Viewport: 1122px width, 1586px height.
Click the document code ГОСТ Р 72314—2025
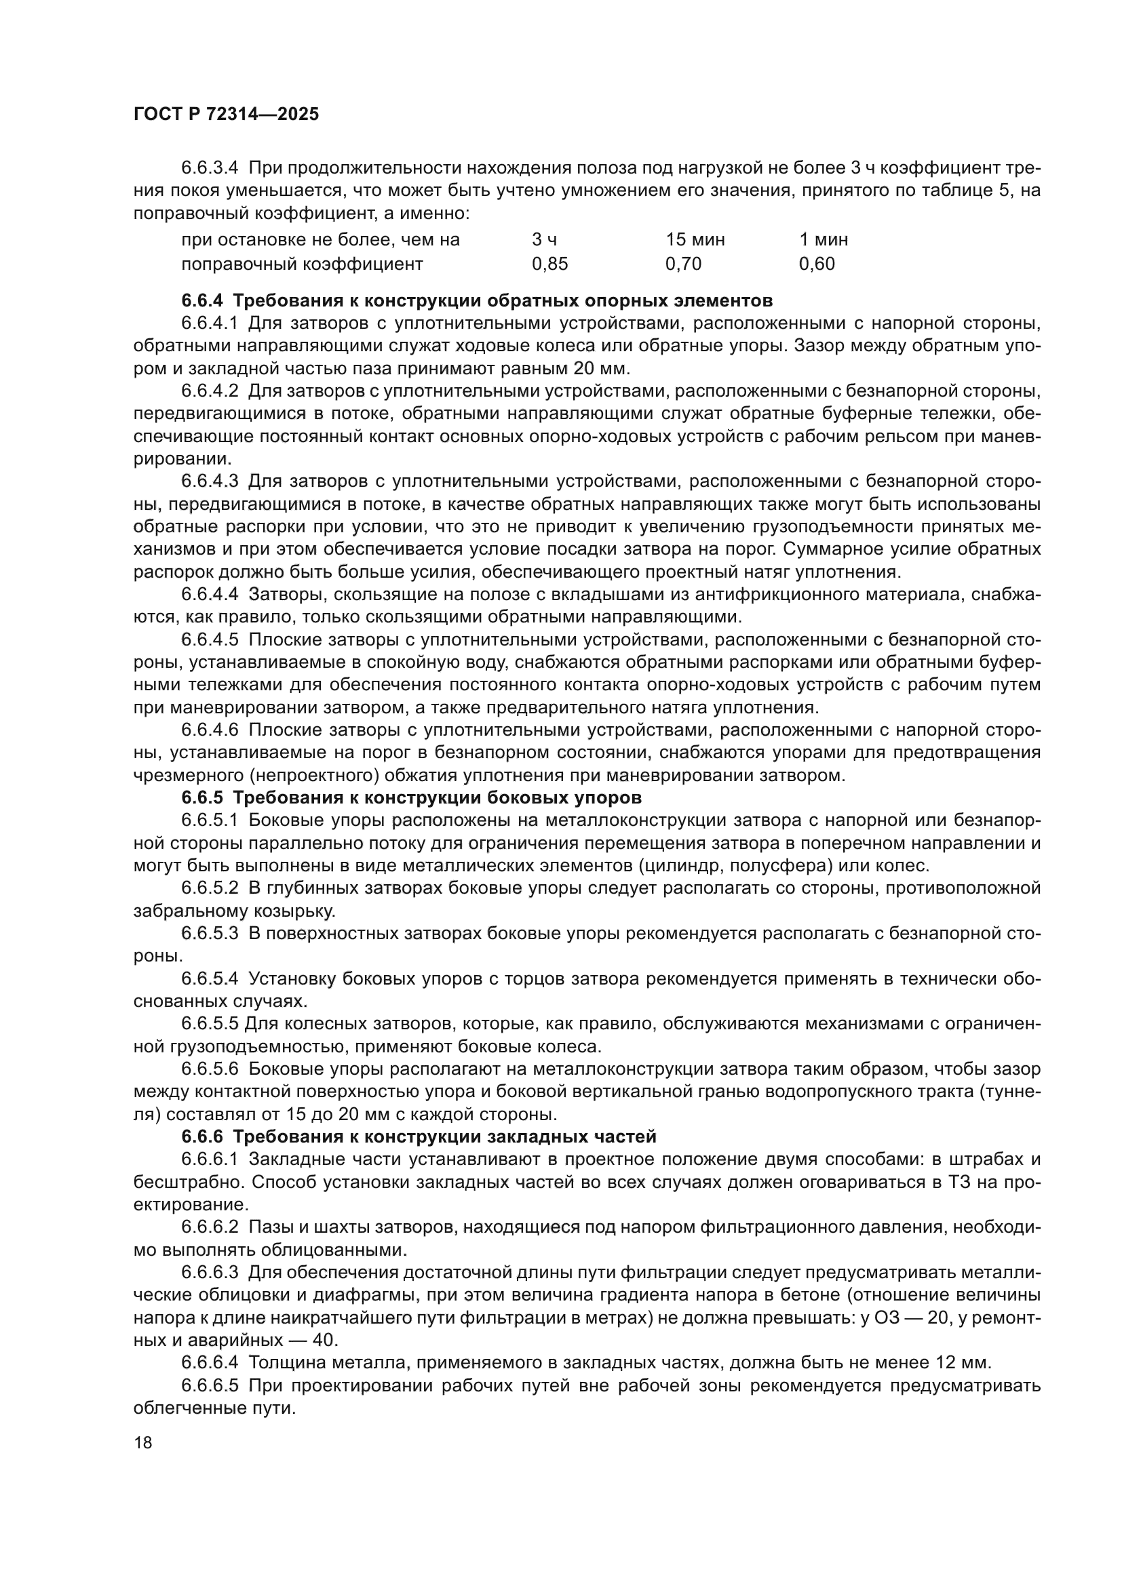[226, 115]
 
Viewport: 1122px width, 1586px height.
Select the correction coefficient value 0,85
[549, 264]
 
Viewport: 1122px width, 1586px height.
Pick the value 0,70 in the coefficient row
[682, 264]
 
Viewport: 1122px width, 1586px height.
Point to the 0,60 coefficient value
[817, 264]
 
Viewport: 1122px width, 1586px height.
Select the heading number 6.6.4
[202, 300]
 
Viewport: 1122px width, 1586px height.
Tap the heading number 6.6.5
[202, 798]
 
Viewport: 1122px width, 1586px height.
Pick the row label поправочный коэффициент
[302, 264]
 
